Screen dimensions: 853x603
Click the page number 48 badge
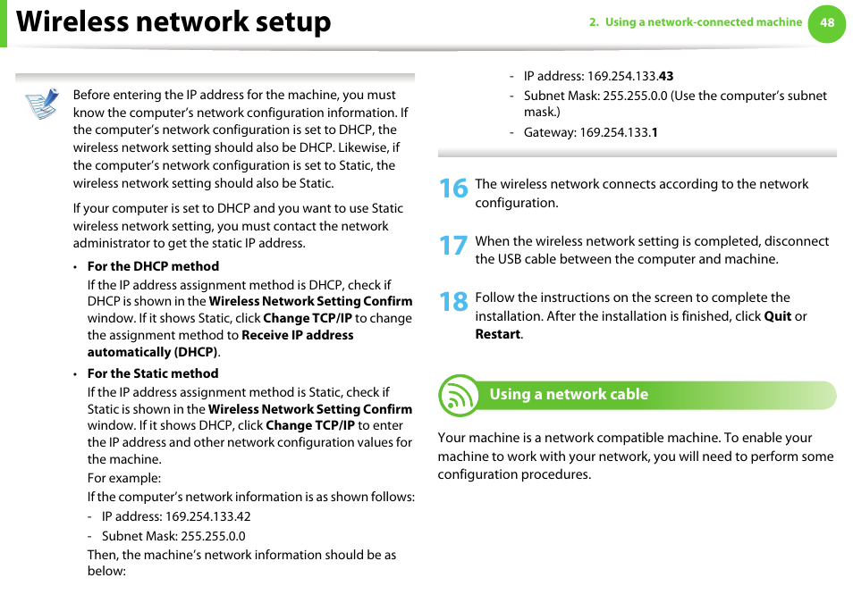[x=827, y=23]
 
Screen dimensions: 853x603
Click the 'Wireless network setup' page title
[x=173, y=22]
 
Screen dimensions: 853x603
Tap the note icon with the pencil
[x=41, y=104]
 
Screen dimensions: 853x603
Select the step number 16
[x=453, y=188]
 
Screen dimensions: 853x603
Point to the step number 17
[x=453, y=245]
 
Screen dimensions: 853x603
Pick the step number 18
[x=453, y=302]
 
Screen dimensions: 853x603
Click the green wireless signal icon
[x=460, y=396]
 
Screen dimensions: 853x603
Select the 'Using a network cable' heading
[x=569, y=394]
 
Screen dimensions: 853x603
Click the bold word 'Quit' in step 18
[x=777, y=316]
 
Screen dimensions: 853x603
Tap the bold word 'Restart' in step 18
[x=497, y=334]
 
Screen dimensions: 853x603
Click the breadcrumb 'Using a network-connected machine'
[x=703, y=22]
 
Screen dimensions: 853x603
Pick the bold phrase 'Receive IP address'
[x=298, y=335]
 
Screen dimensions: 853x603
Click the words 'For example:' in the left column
[x=124, y=478]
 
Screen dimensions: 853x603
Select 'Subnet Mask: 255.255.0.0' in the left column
[x=173, y=536]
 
